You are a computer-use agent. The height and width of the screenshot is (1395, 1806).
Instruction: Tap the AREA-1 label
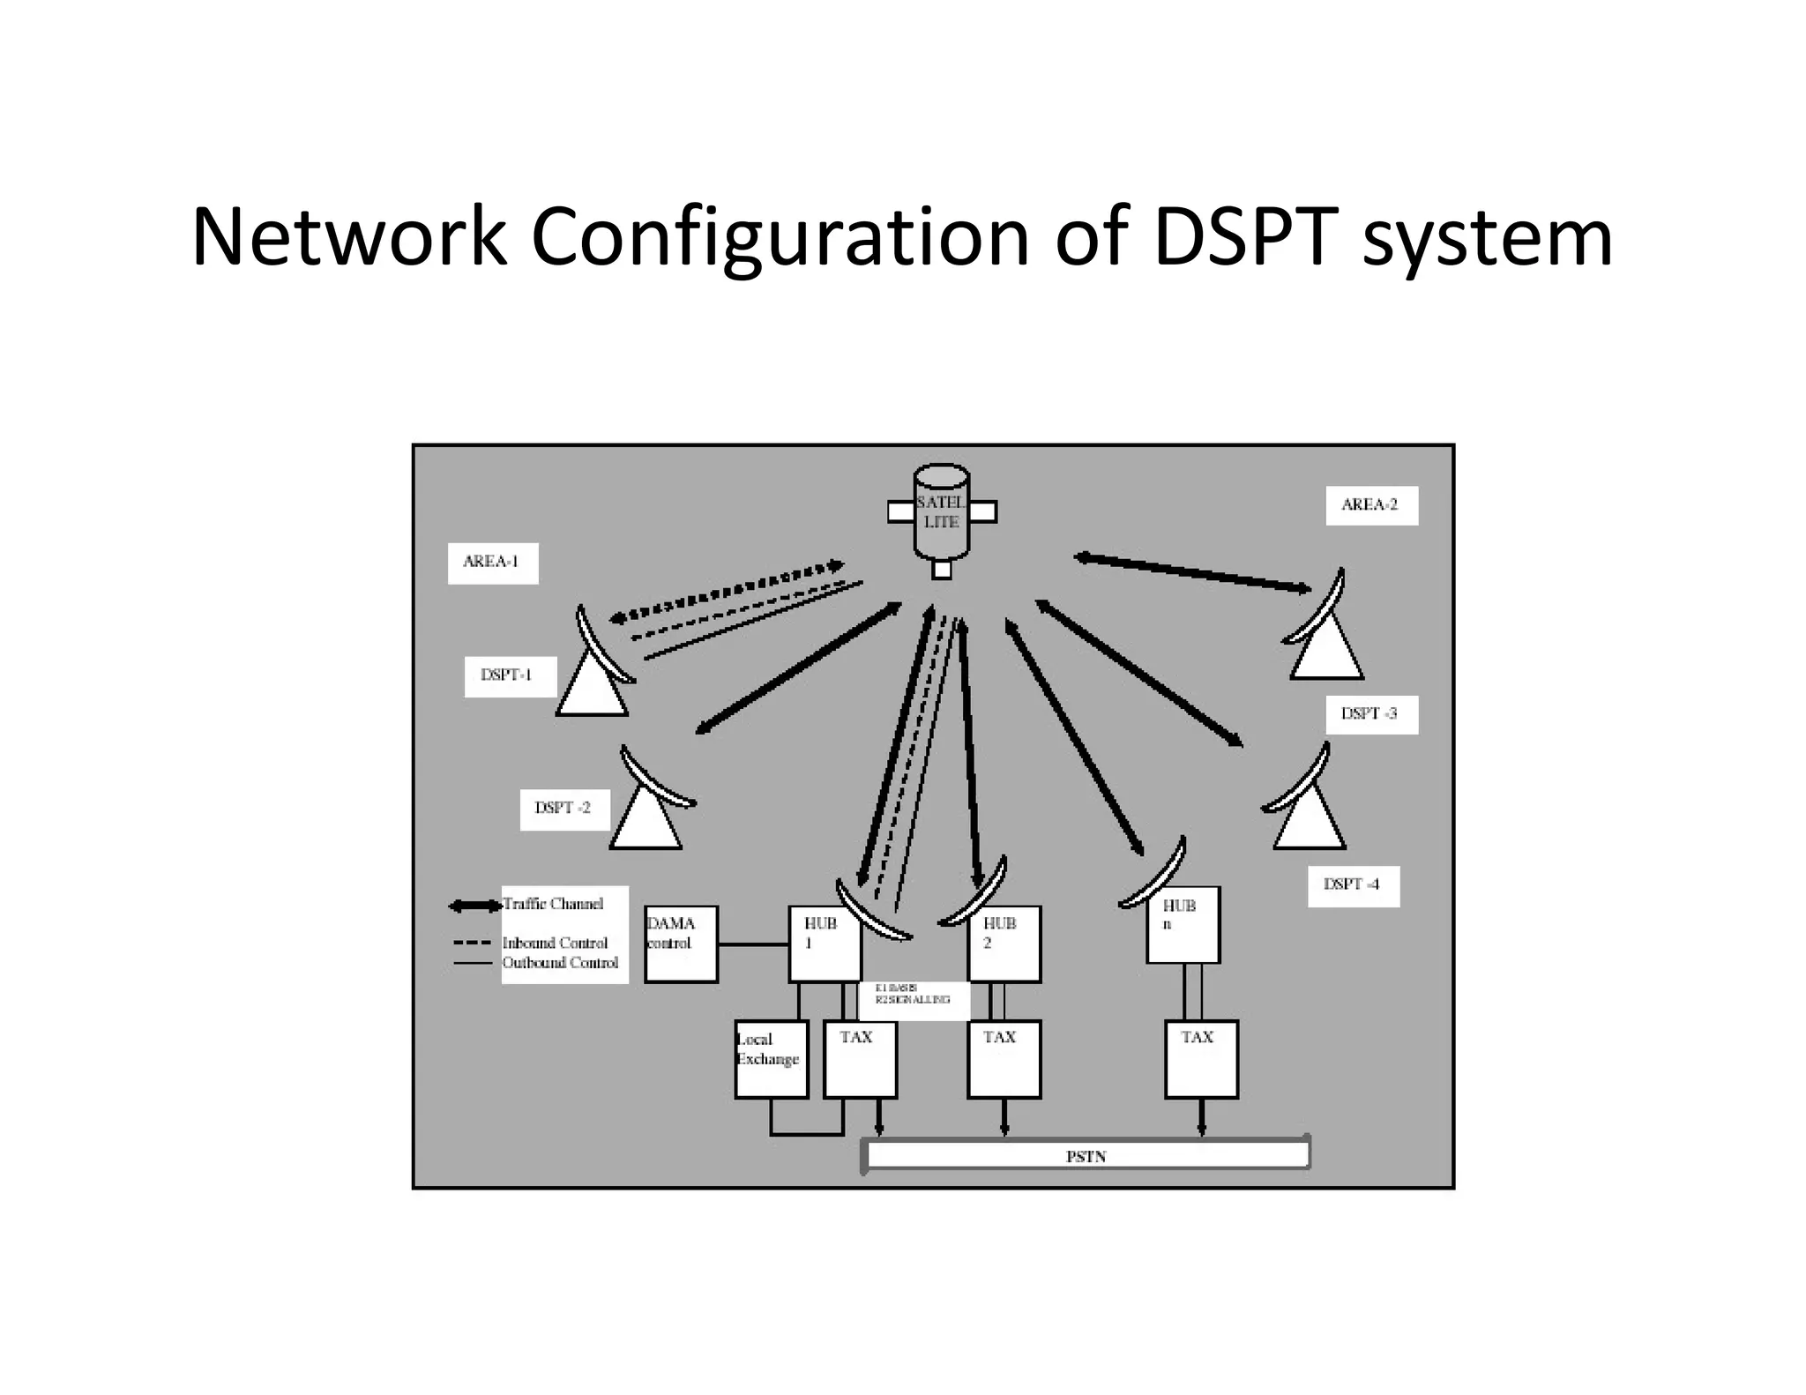[x=492, y=563]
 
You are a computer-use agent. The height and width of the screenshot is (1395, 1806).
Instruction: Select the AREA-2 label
[x=1370, y=505]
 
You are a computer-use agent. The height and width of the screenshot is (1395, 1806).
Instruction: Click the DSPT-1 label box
[x=510, y=676]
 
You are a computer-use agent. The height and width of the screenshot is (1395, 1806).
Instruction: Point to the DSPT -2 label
[x=564, y=809]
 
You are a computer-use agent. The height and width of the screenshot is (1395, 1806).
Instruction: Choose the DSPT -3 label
[x=1371, y=714]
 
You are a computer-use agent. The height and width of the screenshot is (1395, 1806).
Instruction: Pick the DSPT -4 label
[x=1353, y=885]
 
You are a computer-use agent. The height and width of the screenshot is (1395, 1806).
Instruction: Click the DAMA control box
[x=680, y=944]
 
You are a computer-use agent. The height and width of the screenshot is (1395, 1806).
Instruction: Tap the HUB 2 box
[x=1004, y=944]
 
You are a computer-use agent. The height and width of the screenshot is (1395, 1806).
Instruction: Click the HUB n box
[x=1183, y=924]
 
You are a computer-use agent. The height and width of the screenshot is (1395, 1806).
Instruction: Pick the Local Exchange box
[x=770, y=1058]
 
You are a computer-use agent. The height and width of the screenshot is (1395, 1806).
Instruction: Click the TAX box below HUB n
[x=1201, y=1058]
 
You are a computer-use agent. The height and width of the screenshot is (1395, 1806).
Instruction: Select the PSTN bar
[x=1086, y=1156]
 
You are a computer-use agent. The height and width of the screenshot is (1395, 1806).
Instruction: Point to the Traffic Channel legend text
[x=553, y=905]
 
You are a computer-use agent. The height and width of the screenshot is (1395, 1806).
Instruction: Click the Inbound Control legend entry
[x=555, y=944]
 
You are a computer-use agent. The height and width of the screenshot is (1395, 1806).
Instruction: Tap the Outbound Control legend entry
[x=560, y=963]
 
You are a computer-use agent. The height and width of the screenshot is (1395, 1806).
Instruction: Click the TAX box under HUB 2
[x=1004, y=1058]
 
